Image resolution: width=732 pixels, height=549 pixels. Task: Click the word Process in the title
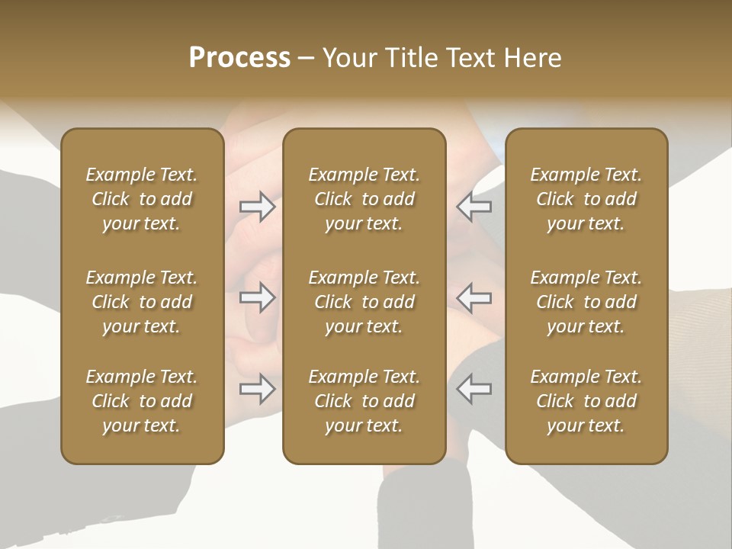click(x=239, y=58)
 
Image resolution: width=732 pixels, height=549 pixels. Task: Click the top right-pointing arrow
click(x=258, y=207)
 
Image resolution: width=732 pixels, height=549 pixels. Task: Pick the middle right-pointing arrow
click(x=258, y=297)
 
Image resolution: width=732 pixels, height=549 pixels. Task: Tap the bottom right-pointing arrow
click(x=258, y=389)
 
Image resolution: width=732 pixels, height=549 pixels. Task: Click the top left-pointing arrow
click(x=474, y=207)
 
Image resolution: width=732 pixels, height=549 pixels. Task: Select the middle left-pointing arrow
click(x=474, y=297)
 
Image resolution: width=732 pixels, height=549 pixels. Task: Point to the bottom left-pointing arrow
click(x=474, y=389)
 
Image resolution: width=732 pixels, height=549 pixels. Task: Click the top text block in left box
click(x=142, y=199)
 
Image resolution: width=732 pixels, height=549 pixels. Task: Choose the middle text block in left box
click(x=142, y=302)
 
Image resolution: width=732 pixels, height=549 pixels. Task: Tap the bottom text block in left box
click(x=142, y=401)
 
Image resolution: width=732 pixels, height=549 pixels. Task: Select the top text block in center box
click(x=364, y=199)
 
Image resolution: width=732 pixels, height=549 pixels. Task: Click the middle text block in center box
click(x=364, y=302)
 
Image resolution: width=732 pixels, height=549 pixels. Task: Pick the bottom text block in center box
click(x=364, y=401)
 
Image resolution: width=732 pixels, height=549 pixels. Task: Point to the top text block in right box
click(x=586, y=199)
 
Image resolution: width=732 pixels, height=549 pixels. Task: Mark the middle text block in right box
click(x=586, y=302)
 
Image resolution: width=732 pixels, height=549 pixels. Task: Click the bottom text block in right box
click(x=586, y=401)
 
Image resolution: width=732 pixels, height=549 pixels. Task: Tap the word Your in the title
click(x=348, y=58)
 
